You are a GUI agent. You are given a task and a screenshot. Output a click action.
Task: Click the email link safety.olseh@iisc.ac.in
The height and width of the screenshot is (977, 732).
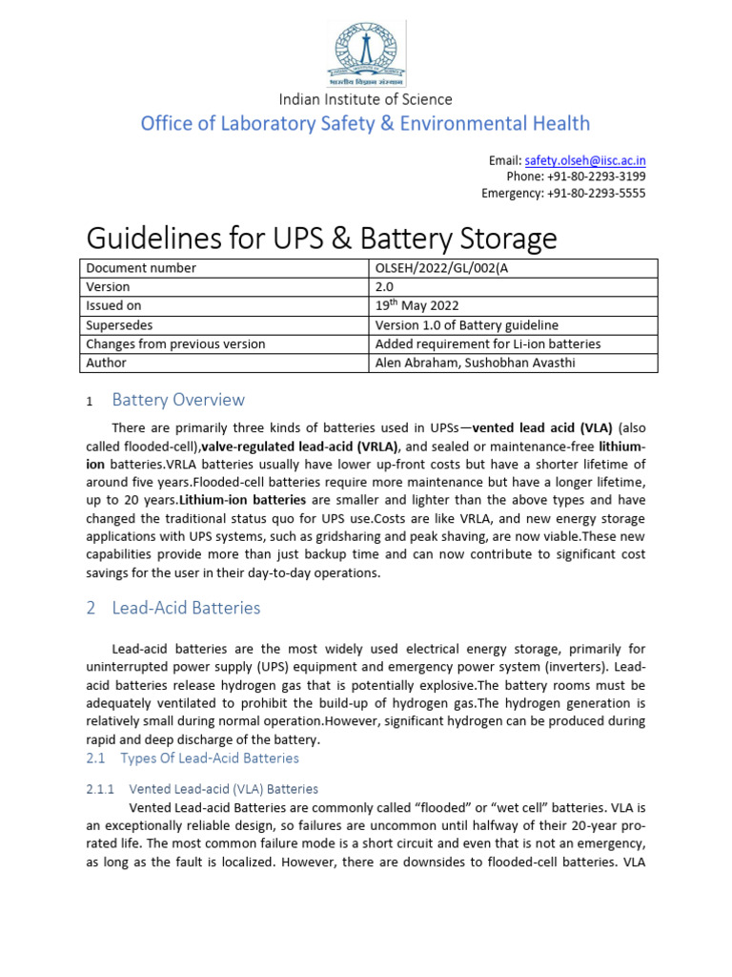pos(584,160)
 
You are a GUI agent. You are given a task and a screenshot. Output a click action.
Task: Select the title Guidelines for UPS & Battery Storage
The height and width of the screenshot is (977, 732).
pos(321,237)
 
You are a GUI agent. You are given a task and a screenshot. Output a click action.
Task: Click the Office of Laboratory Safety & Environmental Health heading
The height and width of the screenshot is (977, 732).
pos(365,123)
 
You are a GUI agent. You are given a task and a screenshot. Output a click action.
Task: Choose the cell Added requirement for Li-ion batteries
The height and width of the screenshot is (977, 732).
pos(488,343)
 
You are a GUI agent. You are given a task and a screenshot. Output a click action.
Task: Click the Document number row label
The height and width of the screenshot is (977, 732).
pos(141,268)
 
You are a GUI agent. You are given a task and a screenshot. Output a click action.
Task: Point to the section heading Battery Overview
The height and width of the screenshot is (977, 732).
pos(178,400)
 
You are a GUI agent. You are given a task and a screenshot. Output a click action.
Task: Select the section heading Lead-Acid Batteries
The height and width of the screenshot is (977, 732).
pos(186,608)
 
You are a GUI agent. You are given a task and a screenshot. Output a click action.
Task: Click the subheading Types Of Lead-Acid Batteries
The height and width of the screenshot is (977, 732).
pos(209,758)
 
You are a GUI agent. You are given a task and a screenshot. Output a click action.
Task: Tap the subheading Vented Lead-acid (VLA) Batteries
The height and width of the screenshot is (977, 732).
pos(223,789)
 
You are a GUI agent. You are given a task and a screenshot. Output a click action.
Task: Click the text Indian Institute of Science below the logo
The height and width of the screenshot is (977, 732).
pos(365,99)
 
